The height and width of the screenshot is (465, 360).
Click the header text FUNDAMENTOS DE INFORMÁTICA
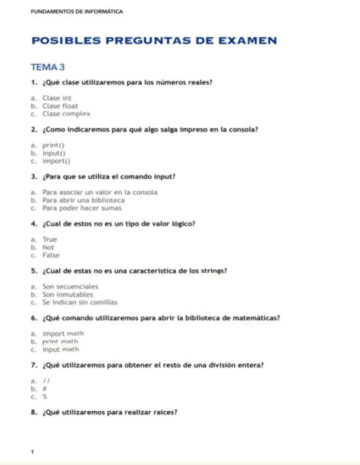pos(77,12)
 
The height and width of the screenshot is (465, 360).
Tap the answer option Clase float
pos(60,106)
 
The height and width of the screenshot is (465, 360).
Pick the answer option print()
pos(53,145)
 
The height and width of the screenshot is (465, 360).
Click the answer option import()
pos(57,161)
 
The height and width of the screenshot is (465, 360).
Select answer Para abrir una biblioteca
pos(83,200)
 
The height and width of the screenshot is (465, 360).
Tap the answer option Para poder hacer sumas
pos(82,208)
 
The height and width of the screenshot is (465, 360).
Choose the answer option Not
pos(48,247)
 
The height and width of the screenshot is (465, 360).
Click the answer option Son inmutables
pos(67,294)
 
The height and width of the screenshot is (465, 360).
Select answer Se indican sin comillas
pos(80,303)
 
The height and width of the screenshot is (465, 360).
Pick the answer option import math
pos(63,333)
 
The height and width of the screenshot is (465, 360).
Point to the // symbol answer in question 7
pos(46,381)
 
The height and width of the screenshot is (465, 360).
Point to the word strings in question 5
pos(215,271)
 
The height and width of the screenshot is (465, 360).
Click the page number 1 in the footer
pos(32,452)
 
